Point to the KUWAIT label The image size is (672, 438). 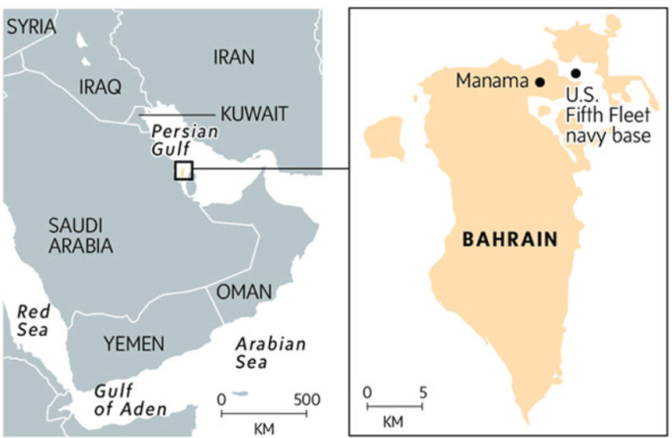[254, 113]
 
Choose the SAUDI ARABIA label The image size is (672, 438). [80, 236]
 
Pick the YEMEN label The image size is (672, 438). [131, 343]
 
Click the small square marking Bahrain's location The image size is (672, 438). [184, 170]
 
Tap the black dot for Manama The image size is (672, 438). [539, 83]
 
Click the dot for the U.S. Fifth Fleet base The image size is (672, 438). [575, 72]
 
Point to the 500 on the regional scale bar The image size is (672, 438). [307, 399]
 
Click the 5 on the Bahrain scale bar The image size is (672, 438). [422, 393]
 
